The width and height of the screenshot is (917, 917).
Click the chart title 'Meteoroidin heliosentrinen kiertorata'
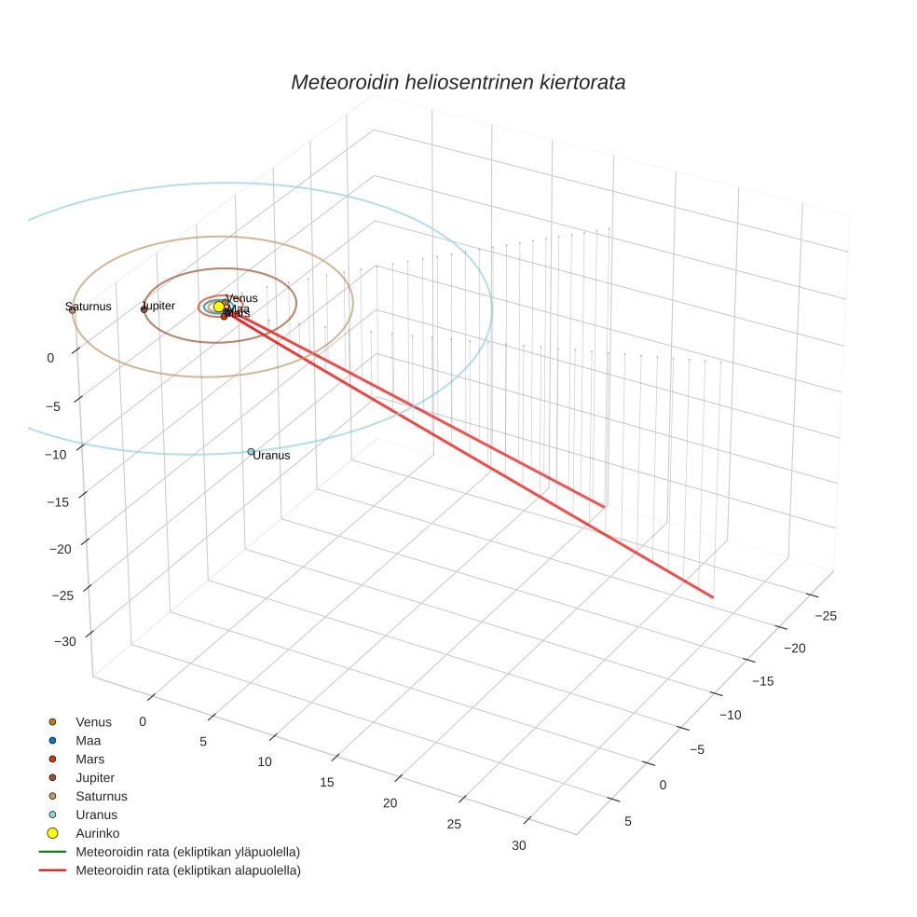pos(458,82)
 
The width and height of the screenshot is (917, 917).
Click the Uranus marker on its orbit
pos(251,452)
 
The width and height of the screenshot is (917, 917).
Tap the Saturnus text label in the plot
pos(89,307)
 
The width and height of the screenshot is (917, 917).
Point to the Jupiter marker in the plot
pos(144,308)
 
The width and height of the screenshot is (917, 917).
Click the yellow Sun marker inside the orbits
pos(219,307)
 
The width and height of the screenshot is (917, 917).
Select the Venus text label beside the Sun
pos(241,298)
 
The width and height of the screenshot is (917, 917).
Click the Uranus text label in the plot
pos(271,456)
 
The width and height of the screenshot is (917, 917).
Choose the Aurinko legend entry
pos(97,833)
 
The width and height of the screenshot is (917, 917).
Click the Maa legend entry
pos(88,740)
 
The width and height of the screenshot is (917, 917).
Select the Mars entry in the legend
pos(89,759)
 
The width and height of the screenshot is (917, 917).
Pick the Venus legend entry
pos(93,721)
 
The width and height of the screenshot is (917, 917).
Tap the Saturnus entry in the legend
pos(101,796)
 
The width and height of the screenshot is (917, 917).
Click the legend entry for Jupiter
pos(95,777)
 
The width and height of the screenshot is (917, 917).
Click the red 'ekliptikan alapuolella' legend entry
pos(187,870)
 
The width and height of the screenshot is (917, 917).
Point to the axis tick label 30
pos(519,845)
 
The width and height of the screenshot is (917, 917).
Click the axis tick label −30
pos(65,642)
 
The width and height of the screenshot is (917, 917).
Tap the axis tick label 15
pos(326,782)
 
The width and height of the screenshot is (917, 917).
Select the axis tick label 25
pos(454,824)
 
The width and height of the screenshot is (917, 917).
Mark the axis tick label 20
pos(390,803)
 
